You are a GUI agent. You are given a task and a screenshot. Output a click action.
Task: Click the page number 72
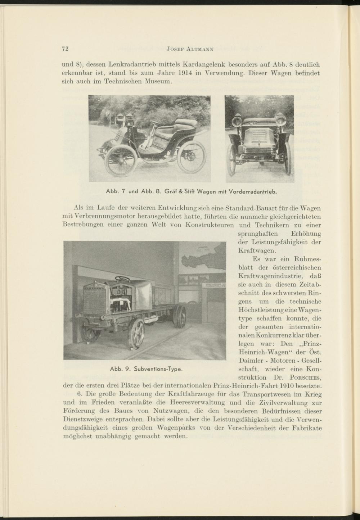click(x=66, y=49)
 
